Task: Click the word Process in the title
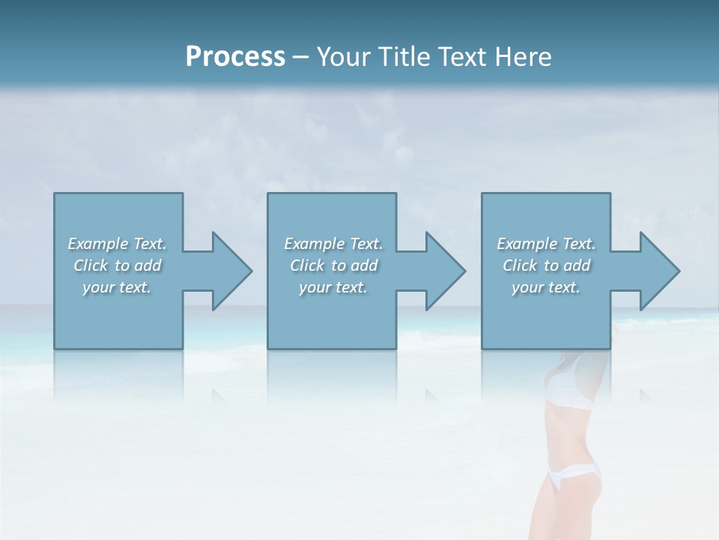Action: point(235,57)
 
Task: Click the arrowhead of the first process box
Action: point(231,271)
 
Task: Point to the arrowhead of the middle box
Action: point(445,271)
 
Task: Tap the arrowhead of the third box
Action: point(659,271)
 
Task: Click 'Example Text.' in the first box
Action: point(117,244)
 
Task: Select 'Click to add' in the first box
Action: point(117,265)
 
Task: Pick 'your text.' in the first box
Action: point(117,287)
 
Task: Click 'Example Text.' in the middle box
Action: point(333,244)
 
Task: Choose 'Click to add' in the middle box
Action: point(333,265)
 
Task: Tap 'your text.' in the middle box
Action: point(333,287)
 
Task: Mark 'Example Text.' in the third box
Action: point(546,244)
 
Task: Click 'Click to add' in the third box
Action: point(546,265)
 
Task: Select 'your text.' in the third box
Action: point(546,287)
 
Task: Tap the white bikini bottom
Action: point(573,473)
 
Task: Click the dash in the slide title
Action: point(301,58)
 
